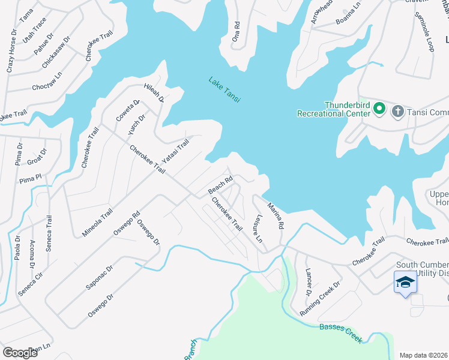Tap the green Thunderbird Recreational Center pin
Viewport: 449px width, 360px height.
point(379,109)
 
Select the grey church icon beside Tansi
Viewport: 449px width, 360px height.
point(397,111)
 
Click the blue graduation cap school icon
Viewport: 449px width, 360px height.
point(405,281)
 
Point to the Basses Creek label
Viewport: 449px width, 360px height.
point(340,333)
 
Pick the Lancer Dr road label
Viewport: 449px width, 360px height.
point(307,282)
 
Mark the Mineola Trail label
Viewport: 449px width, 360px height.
point(98,222)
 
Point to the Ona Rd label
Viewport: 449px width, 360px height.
point(237,31)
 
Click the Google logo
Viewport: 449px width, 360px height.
point(20,352)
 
